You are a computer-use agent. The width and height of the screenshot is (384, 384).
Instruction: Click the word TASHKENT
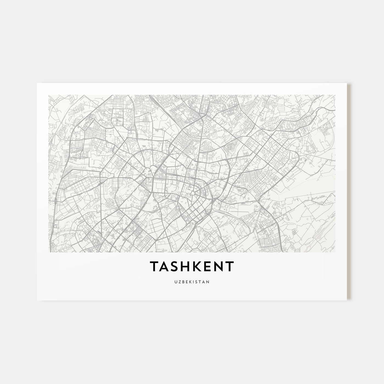pyautogui.click(x=192, y=266)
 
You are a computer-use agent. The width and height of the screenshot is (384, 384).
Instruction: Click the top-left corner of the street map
pyautogui.click(x=48, y=95)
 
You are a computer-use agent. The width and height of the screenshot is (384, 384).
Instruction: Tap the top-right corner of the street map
pyautogui.click(x=335, y=95)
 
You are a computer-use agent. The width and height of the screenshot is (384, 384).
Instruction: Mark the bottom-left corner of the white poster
pyautogui.click(x=37, y=300)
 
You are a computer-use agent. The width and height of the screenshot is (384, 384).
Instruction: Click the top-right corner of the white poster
pyautogui.click(x=347, y=83)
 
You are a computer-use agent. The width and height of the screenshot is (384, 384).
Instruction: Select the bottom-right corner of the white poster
pyautogui.click(x=347, y=300)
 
